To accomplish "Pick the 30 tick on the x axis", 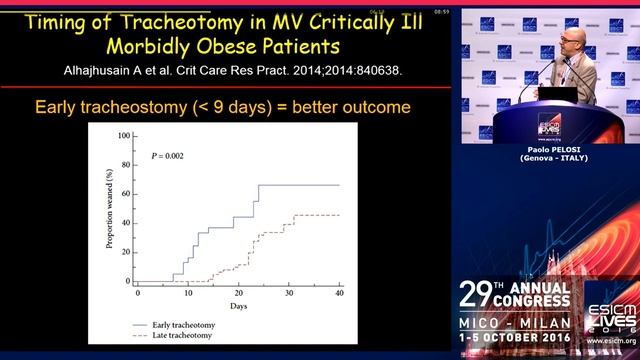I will click(290, 291).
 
